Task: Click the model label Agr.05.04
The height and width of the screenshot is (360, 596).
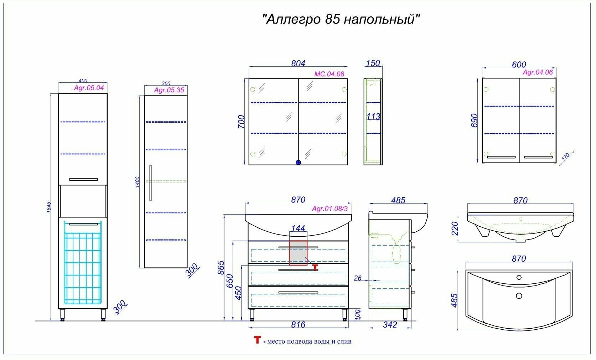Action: tap(89, 88)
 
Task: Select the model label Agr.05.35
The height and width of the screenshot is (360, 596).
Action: tap(169, 90)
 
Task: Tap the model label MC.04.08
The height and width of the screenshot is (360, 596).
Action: tap(329, 74)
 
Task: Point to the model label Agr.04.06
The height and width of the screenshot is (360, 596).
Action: tap(538, 72)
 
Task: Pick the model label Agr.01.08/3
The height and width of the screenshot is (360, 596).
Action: tap(330, 209)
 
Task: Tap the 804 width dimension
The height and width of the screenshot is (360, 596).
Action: tap(298, 63)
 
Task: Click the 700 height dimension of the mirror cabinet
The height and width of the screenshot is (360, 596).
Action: tap(241, 122)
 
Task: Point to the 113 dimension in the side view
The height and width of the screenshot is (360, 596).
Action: tap(373, 117)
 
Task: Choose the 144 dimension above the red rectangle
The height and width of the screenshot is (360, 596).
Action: tap(298, 228)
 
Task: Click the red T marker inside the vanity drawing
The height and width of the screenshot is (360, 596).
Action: tap(315, 267)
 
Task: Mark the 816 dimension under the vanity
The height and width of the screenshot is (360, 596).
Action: tap(298, 325)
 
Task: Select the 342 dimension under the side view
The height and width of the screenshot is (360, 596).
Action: tap(390, 325)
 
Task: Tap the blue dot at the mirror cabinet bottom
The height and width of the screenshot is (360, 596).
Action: tap(299, 162)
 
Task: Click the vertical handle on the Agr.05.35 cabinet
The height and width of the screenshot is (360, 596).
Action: tap(151, 183)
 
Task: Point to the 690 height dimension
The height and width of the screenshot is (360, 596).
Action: tap(474, 121)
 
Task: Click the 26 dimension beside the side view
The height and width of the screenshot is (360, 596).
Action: tap(358, 278)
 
